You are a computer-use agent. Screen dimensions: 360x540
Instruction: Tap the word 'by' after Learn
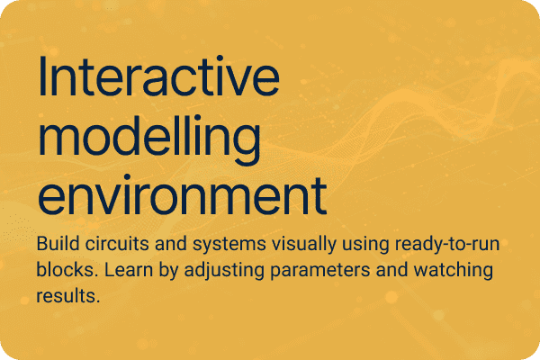pos(164,270)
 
